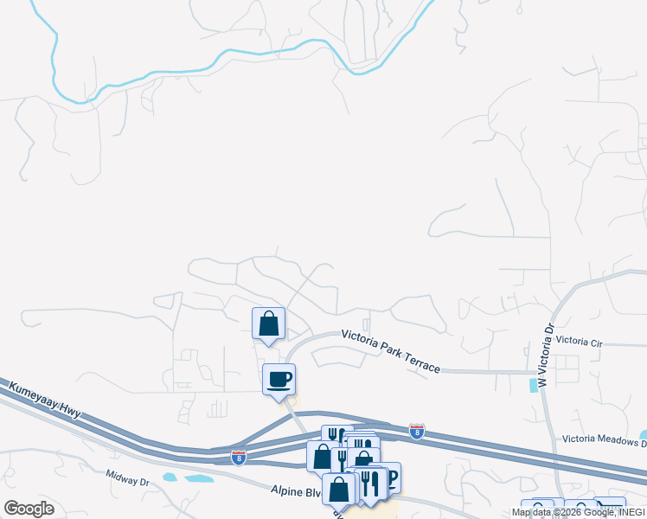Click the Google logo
click(x=29, y=509)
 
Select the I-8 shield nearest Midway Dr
click(x=238, y=457)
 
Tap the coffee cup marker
click(x=279, y=379)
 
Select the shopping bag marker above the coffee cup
click(x=268, y=324)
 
